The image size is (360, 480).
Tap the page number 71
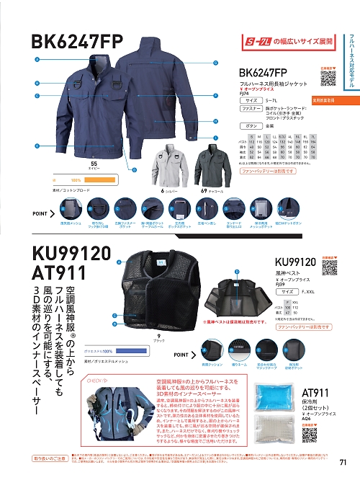click(x=343, y=462)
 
